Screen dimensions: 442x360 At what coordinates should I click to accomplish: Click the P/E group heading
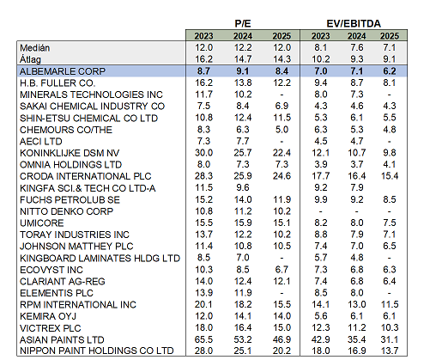click(x=243, y=23)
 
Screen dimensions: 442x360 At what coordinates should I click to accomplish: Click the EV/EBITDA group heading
click(x=354, y=23)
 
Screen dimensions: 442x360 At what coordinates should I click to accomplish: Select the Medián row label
click(x=34, y=48)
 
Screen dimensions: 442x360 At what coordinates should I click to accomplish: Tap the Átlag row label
click(x=30, y=59)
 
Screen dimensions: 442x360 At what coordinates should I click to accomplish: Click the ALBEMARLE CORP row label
click(x=63, y=71)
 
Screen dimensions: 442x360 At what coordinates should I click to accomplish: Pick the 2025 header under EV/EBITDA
click(x=390, y=36)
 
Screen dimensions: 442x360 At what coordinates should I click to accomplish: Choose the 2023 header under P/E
click(x=203, y=36)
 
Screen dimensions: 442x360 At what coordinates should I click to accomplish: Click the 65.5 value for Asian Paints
click(x=203, y=339)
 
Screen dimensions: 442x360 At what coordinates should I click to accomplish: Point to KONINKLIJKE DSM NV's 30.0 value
click(x=203, y=153)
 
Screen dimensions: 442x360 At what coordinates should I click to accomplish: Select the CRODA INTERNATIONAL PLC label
click(x=85, y=176)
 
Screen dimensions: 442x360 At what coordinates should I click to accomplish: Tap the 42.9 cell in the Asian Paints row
click(x=320, y=339)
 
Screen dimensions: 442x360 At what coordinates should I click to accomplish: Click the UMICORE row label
click(x=42, y=223)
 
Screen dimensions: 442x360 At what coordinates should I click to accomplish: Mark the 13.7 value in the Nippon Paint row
click(x=390, y=351)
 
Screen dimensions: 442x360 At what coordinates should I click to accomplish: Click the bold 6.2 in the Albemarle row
click(x=390, y=71)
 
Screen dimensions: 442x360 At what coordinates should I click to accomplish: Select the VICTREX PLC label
click(x=51, y=328)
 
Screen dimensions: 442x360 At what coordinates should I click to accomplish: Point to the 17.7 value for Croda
click(x=320, y=176)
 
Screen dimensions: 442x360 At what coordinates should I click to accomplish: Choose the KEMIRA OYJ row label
click(x=48, y=316)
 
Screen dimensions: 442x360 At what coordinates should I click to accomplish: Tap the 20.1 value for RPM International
click(x=203, y=304)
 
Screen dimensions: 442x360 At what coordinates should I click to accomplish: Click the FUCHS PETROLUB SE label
click(x=70, y=199)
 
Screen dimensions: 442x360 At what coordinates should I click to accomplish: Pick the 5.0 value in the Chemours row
click(x=282, y=130)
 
